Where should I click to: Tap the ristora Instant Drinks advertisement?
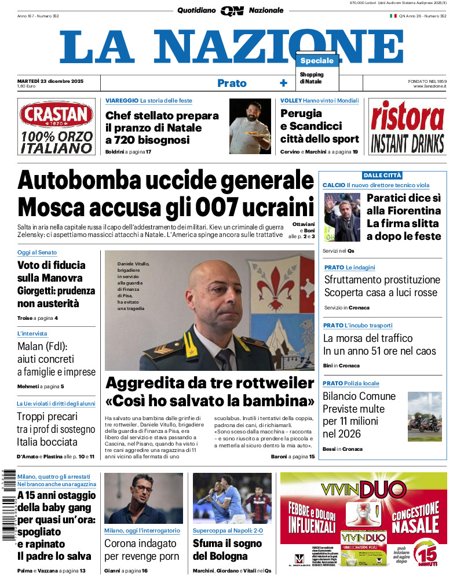pyautogui.click(x=407, y=127)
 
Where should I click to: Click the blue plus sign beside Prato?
pyautogui.click(x=283, y=83)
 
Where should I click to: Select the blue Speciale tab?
pyautogui.click(x=317, y=61)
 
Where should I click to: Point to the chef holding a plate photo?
pyautogui.click(x=250, y=126)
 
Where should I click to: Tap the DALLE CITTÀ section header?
pyautogui.click(x=382, y=175)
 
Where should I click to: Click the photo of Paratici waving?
pyautogui.click(x=341, y=217)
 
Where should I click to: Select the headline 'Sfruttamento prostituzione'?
pyautogui.click(x=382, y=280)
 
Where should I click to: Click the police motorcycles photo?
pyautogui.click(x=425, y=415)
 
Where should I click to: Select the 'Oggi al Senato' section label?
pyautogui.click(x=36, y=253)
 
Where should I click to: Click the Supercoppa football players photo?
pyautogui.click(x=232, y=498)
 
